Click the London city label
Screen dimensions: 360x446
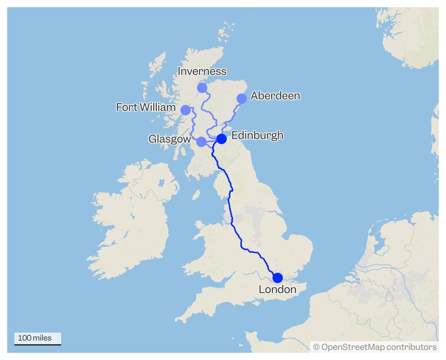(277, 289)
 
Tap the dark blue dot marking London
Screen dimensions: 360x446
(278, 278)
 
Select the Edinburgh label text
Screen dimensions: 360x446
(257, 135)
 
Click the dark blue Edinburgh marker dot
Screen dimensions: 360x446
(222, 139)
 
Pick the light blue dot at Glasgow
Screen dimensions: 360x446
(202, 142)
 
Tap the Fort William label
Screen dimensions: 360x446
(145, 107)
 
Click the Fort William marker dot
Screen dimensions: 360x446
(186, 109)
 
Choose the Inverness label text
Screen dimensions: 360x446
(202, 72)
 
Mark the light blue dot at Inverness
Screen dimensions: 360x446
(202, 88)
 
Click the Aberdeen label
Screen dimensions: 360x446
(276, 95)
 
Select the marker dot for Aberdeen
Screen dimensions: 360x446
(242, 99)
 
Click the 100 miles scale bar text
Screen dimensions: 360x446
(34, 338)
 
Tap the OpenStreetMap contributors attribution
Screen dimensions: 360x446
(375, 347)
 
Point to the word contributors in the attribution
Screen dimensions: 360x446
(410, 347)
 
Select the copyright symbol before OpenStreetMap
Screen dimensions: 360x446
(316, 347)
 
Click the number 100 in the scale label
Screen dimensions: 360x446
(24, 338)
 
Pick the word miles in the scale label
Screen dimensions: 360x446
(42, 338)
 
